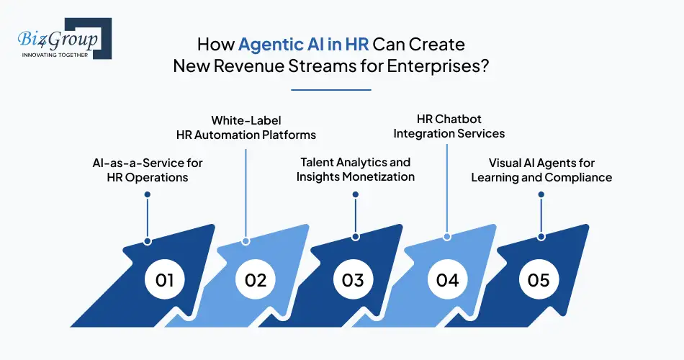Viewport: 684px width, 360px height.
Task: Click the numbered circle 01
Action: (x=165, y=279)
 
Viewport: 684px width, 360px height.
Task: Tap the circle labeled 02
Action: (x=255, y=279)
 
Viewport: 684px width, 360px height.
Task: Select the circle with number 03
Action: (x=353, y=279)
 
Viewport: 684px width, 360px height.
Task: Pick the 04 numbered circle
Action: (x=447, y=279)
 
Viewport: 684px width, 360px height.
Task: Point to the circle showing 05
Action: (x=539, y=279)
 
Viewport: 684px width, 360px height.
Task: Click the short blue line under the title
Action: (x=330, y=90)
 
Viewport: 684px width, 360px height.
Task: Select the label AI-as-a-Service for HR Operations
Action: (x=148, y=170)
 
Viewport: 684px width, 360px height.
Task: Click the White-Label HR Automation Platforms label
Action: (x=246, y=127)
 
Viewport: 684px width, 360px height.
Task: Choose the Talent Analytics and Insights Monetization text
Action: (x=356, y=170)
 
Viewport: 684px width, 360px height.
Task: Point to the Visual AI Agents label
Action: (x=541, y=170)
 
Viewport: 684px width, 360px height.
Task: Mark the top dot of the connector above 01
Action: (x=148, y=194)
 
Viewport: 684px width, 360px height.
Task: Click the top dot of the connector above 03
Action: (x=356, y=194)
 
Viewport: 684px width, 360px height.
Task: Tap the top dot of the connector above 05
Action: (x=541, y=194)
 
